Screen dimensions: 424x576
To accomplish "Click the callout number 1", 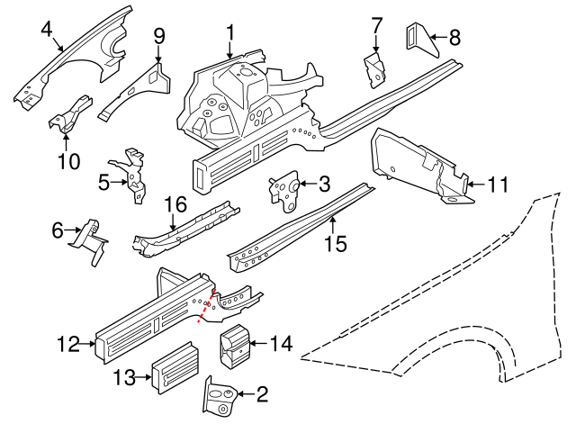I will (230, 34).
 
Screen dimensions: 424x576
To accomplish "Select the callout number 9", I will (159, 36).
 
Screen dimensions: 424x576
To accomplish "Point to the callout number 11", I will (498, 185).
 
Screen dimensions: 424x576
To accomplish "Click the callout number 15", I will (334, 244).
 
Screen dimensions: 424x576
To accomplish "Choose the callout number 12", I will (69, 343).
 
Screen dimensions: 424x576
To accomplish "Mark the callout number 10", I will (68, 162).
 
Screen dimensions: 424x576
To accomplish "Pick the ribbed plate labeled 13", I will (175, 370).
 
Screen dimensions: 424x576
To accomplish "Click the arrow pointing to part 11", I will (474, 185).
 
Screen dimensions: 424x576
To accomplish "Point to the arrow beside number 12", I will (89, 343).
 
